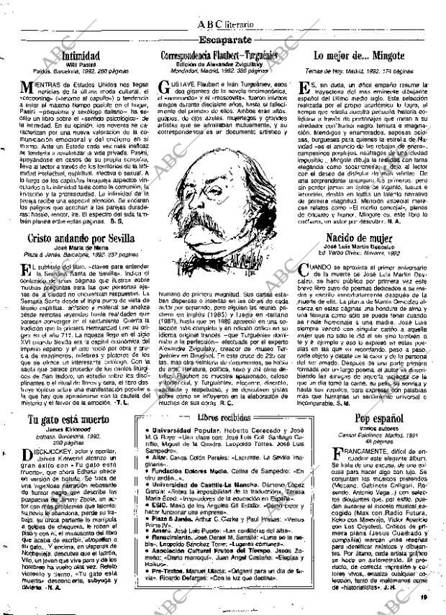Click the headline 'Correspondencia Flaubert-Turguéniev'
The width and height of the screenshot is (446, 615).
click(x=222, y=55)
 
